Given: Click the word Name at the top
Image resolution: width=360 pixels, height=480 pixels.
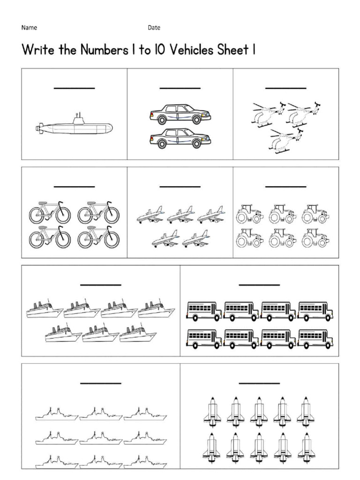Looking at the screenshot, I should (x=29, y=28).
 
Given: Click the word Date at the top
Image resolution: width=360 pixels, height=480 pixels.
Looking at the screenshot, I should (x=154, y=28).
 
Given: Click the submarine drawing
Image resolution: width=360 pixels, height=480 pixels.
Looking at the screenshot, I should (x=74, y=126).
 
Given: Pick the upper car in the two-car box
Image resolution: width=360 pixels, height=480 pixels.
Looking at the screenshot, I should (x=180, y=114).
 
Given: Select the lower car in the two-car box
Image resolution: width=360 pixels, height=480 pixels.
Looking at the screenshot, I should (x=180, y=138).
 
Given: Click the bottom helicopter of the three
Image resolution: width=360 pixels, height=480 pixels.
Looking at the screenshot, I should (x=284, y=140).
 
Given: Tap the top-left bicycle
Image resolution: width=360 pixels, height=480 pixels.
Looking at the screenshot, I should (x=50, y=213).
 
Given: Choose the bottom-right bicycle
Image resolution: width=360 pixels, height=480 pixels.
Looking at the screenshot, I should (x=98, y=237).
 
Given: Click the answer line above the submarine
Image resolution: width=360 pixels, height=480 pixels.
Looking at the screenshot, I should (x=74, y=88).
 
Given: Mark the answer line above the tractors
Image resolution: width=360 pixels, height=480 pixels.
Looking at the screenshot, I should (x=285, y=186).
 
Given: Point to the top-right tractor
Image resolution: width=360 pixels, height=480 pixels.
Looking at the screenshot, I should (x=315, y=213).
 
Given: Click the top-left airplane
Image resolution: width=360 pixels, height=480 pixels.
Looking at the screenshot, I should (x=150, y=215).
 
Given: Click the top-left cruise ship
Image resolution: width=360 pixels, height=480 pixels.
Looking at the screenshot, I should (x=45, y=309).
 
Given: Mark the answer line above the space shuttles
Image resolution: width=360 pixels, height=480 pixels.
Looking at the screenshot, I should (x=259, y=383).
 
